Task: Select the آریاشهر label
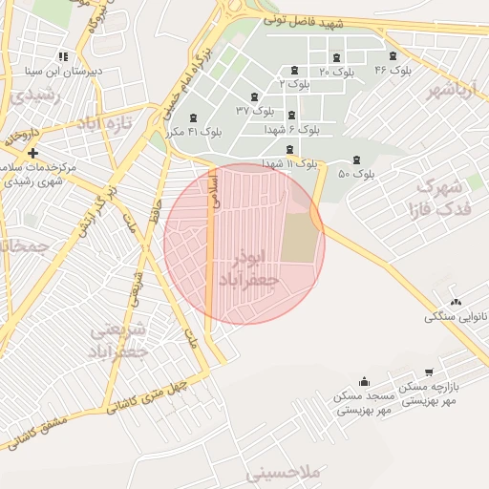click(x=451, y=91)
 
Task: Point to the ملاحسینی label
click(x=286, y=473)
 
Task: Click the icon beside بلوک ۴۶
click(x=393, y=56)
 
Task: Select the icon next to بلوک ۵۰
click(x=357, y=159)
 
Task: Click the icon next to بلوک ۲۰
click(x=336, y=58)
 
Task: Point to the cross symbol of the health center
click(x=33, y=153)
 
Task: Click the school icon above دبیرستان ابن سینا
click(x=63, y=56)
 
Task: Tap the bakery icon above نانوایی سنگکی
click(x=455, y=302)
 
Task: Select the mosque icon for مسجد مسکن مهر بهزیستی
click(x=364, y=382)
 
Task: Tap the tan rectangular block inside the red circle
click(x=299, y=238)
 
